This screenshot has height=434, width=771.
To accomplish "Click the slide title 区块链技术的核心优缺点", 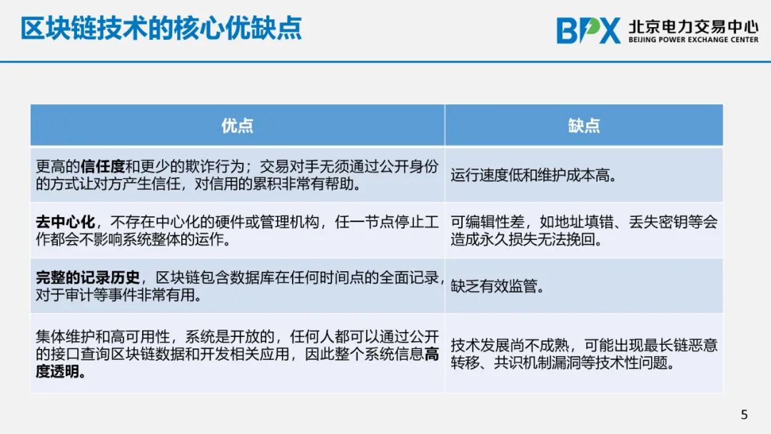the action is [x=161, y=28].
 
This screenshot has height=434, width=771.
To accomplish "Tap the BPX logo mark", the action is [x=588, y=31].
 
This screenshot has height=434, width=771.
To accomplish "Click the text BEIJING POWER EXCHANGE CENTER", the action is [x=693, y=39].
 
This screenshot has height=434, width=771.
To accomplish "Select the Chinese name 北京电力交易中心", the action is [x=693, y=26].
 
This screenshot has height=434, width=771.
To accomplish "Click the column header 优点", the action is [x=237, y=126].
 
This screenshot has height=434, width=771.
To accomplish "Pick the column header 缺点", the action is [x=584, y=126].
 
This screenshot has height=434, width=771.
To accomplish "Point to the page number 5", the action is [x=744, y=415].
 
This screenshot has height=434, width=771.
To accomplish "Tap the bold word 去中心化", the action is [x=65, y=222].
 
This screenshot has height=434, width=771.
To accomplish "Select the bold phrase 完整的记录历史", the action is [x=88, y=278].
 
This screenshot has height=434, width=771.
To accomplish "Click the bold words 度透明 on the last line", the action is [x=58, y=371].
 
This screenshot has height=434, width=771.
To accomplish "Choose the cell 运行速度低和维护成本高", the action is [x=534, y=176].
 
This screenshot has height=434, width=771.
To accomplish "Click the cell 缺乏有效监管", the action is [x=497, y=286].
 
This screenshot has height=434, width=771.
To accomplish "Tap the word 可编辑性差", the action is [x=488, y=222].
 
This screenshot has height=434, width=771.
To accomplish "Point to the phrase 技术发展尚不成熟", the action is [x=510, y=345].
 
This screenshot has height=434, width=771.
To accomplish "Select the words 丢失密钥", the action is [x=658, y=222].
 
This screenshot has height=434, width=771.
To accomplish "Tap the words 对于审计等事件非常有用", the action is [x=118, y=295].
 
